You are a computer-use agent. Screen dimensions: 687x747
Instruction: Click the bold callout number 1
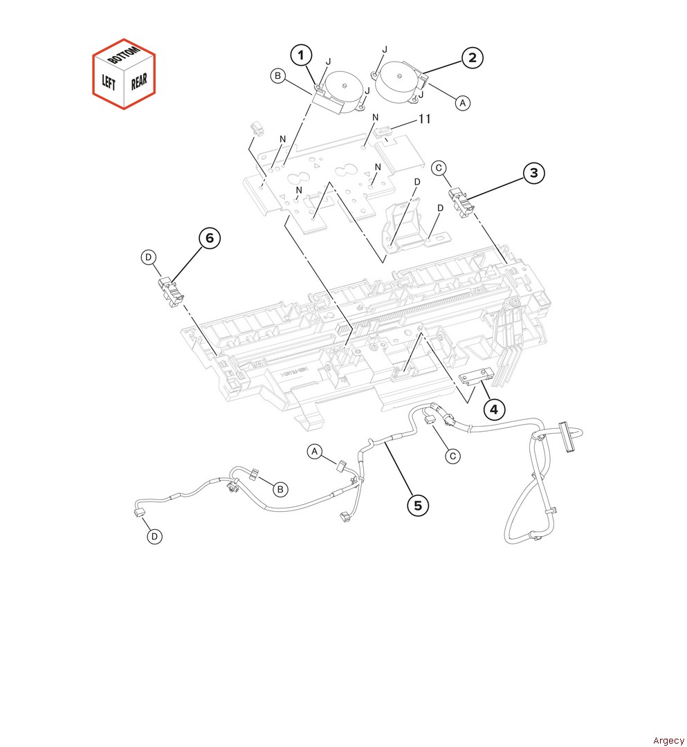(301, 55)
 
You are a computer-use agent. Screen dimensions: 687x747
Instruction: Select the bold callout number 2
(472, 57)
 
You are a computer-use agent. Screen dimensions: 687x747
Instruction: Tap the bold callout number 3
(533, 173)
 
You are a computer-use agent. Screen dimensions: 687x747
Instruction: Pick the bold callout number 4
(494, 409)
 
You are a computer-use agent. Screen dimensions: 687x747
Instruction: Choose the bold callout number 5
(418, 505)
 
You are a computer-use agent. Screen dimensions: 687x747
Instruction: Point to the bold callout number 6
(210, 238)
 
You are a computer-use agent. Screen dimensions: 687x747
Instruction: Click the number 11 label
(424, 119)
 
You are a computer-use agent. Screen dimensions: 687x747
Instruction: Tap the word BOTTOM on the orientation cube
(123, 54)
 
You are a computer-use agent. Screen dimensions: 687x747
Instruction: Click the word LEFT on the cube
(109, 82)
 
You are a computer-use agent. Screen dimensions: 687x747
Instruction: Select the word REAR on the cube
(139, 81)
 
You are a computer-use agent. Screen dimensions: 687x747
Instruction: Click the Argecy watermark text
(668, 740)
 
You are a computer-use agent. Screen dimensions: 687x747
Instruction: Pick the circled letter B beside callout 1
(277, 76)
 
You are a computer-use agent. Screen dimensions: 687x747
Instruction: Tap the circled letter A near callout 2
(463, 103)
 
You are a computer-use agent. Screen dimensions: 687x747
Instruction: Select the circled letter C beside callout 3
(439, 167)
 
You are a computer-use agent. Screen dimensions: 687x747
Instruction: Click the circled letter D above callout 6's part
(149, 257)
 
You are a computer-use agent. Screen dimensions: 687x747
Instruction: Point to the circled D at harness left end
(154, 537)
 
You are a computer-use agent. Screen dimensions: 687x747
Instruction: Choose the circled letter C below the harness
(452, 456)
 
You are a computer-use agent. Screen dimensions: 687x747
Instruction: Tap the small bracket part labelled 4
(475, 376)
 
